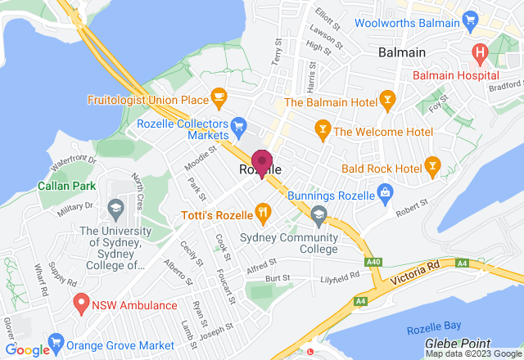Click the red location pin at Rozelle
[261, 162]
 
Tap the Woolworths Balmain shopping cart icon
[470, 18]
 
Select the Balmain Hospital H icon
[481, 54]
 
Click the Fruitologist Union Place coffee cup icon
[218, 97]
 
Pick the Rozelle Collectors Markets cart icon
[239, 125]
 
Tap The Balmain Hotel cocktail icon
[388, 101]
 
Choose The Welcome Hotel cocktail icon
[323, 129]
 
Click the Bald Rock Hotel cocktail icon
[432, 166]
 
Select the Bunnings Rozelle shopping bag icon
[383, 191]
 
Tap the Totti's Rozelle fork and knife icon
[262, 214]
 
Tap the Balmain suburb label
[403, 52]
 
